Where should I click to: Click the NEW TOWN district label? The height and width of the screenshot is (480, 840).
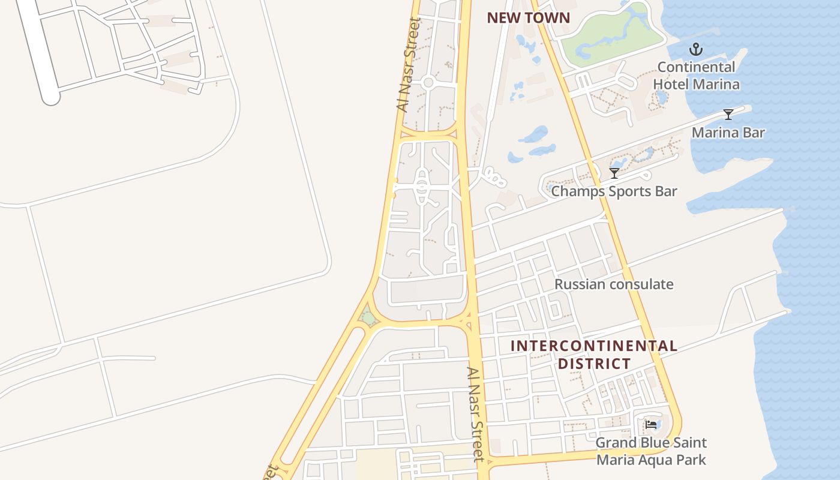528,18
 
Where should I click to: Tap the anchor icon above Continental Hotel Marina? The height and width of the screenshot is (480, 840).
696,49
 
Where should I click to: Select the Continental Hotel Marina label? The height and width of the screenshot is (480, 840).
696,76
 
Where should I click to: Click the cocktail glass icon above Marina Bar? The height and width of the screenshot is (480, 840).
728,114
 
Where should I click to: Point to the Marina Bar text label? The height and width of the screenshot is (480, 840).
728,132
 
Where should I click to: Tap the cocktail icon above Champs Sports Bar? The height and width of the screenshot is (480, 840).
614,173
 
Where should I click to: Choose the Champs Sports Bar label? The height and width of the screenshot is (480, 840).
614,191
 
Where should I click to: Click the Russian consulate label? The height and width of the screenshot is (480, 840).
614,284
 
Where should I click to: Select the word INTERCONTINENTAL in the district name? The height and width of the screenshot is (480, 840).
594,346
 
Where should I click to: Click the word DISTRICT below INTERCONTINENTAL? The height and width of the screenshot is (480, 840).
594,364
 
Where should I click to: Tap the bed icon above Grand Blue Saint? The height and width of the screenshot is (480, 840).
651,425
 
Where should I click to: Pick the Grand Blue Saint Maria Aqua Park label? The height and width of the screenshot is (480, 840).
651,451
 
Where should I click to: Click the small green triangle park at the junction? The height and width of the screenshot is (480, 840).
367,315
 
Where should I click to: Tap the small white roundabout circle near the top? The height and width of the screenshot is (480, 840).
428,83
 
